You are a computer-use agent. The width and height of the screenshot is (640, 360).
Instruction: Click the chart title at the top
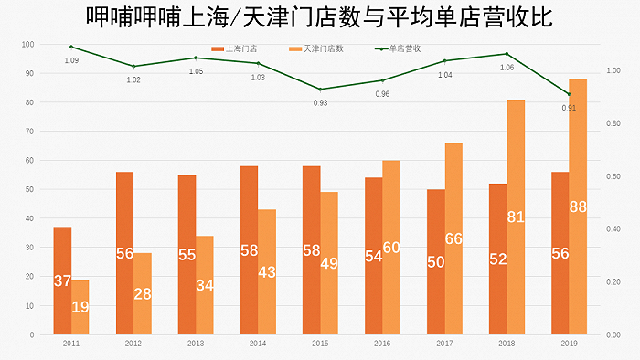pyautogui.click(x=319, y=18)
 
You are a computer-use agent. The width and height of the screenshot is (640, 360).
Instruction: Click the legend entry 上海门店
pyautogui.click(x=236, y=48)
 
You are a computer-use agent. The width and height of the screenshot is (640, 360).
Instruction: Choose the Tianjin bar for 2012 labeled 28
pyautogui.click(x=143, y=293)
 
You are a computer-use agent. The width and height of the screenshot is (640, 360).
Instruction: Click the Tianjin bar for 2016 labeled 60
pyautogui.click(x=391, y=247)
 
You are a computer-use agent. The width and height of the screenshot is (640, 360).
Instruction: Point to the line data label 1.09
pyautogui.click(x=71, y=60)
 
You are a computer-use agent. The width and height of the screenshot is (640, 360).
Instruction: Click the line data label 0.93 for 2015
pyautogui.click(x=320, y=102)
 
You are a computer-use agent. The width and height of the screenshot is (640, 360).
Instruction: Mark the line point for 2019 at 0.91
pyautogui.click(x=569, y=94)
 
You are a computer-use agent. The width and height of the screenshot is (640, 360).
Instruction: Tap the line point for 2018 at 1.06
pyautogui.click(x=507, y=54)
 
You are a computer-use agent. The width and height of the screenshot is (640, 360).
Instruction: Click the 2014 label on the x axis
pyautogui.click(x=258, y=344)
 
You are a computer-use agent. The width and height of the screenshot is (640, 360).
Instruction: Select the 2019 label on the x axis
pyautogui.click(x=569, y=344)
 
